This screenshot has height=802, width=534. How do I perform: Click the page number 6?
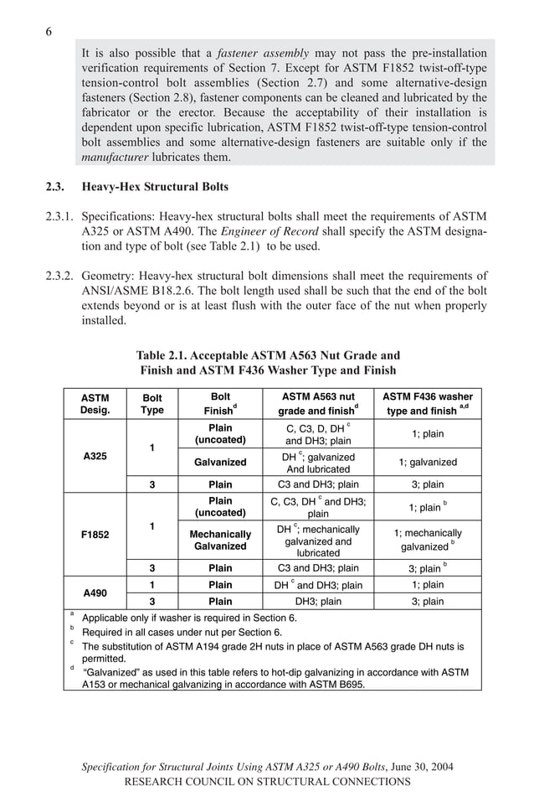[49, 32]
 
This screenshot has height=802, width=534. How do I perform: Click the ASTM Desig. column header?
[95, 403]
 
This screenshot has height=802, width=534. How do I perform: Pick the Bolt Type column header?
[152, 403]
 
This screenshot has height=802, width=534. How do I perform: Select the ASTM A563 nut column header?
[318, 396]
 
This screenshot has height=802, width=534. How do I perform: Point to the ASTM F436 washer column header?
[428, 396]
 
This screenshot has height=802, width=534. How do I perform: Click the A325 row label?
[95, 455]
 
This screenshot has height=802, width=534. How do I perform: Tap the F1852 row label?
[95, 533]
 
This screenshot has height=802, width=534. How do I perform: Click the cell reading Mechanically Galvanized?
[220, 540]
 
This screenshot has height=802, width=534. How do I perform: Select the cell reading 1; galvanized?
[428, 462]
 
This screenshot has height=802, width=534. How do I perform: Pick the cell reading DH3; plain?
[318, 601]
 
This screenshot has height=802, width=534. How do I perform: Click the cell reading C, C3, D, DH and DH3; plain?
[318, 434]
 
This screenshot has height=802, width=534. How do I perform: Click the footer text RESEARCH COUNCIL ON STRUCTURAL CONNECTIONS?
[267, 781]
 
